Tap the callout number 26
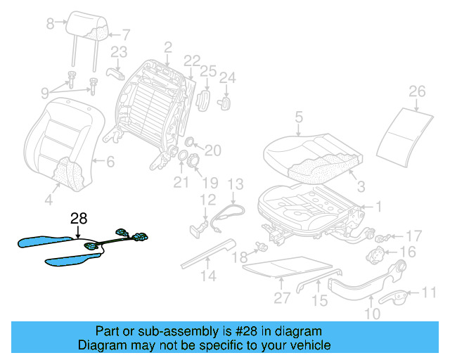(417, 91)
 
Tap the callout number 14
(206, 276)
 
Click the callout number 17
(415, 236)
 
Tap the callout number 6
(110, 162)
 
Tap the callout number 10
(371, 314)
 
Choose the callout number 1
(378, 207)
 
